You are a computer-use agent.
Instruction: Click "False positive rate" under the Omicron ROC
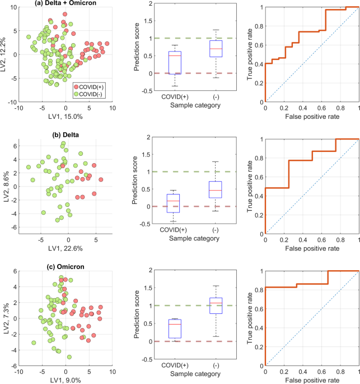(x=312, y=379)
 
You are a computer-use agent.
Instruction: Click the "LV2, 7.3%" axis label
(x=6, y=317)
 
